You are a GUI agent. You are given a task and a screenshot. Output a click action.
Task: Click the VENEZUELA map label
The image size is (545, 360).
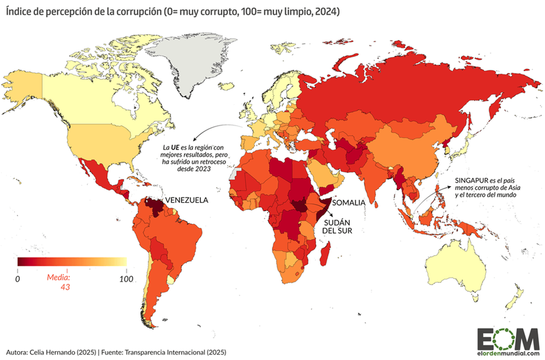pyautogui.click(x=186, y=200)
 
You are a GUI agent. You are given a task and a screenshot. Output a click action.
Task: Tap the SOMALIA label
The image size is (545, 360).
pyautogui.click(x=348, y=202)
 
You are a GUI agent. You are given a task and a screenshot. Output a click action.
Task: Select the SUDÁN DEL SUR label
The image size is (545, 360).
pyautogui.click(x=337, y=227)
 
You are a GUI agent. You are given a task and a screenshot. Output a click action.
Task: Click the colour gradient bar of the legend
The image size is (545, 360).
pyautogui.click(x=72, y=261)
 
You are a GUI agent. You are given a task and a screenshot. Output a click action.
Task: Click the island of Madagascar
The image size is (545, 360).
pyautogui.click(x=326, y=254)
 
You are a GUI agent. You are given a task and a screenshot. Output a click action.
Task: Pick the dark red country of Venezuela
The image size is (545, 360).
pyautogui.click(x=155, y=207)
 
